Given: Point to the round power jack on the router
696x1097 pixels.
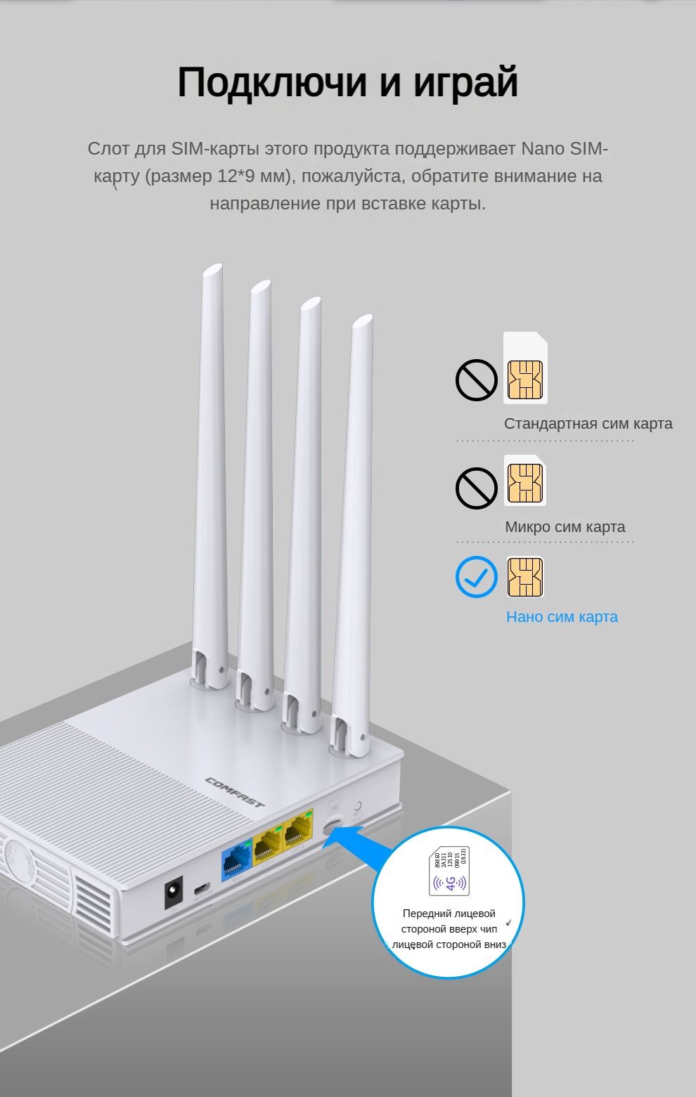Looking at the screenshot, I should [173, 894].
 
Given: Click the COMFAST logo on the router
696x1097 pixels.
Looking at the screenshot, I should [235, 791].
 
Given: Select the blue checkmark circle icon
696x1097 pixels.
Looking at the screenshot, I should [476, 577].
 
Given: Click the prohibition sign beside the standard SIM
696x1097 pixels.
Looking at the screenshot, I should [476, 379].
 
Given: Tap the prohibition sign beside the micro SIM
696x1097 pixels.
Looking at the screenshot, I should [476, 487].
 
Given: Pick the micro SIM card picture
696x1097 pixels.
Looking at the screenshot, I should [525, 481].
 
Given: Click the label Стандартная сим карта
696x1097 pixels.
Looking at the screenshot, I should [588, 424].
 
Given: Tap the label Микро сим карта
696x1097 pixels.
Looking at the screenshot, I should [565, 527].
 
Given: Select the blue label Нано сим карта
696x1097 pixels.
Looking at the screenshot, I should [562, 617].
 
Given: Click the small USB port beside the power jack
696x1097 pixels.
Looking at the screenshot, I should [200, 889].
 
